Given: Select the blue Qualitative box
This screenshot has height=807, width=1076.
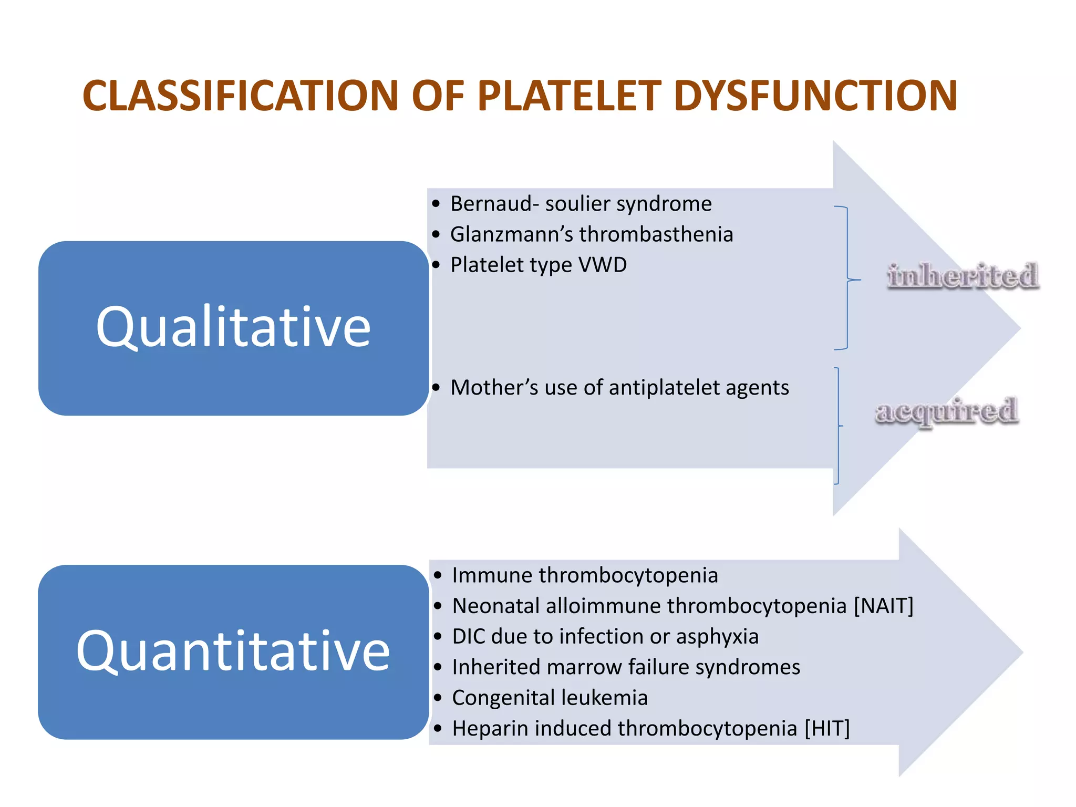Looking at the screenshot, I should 233,328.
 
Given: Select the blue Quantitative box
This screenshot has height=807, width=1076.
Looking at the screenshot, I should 233,652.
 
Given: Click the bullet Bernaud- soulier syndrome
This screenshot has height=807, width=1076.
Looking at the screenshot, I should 581,204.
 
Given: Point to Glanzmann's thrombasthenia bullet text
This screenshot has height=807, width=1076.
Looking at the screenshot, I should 591,234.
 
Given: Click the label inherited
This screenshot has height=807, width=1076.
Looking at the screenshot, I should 963,276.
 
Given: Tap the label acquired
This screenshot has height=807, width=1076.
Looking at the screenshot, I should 947,411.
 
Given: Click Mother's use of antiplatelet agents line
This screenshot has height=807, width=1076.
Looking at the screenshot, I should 619,388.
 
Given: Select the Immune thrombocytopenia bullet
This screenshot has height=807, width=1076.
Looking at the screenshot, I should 584,575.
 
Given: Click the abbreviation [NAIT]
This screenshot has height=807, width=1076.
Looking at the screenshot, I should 883,606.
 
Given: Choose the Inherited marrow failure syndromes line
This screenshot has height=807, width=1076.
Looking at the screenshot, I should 625,667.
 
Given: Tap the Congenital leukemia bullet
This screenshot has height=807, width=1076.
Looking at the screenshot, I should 550,698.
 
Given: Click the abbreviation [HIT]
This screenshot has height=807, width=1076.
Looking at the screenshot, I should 827,729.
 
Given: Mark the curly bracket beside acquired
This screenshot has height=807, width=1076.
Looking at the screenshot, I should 838,426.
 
